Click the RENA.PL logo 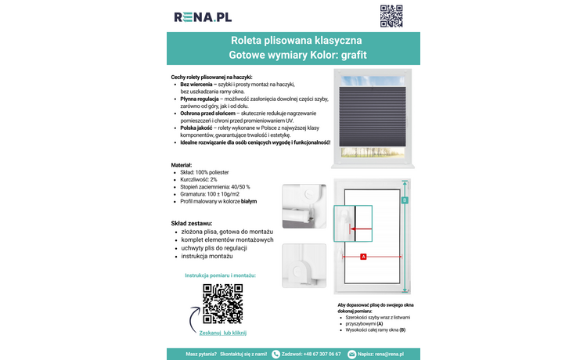click(203, 16)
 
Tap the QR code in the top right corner click(391, 16)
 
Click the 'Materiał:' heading click(182, 165)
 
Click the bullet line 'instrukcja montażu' click(207, 256)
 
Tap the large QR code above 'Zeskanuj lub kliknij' click(222, 304)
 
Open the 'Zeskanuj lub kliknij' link click(223, 333)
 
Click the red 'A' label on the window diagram click(363, 257)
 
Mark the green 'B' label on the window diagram click(405, 200)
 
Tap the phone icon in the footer click(275, 354)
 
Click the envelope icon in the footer click(351, 354)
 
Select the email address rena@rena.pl click(389, 354)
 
